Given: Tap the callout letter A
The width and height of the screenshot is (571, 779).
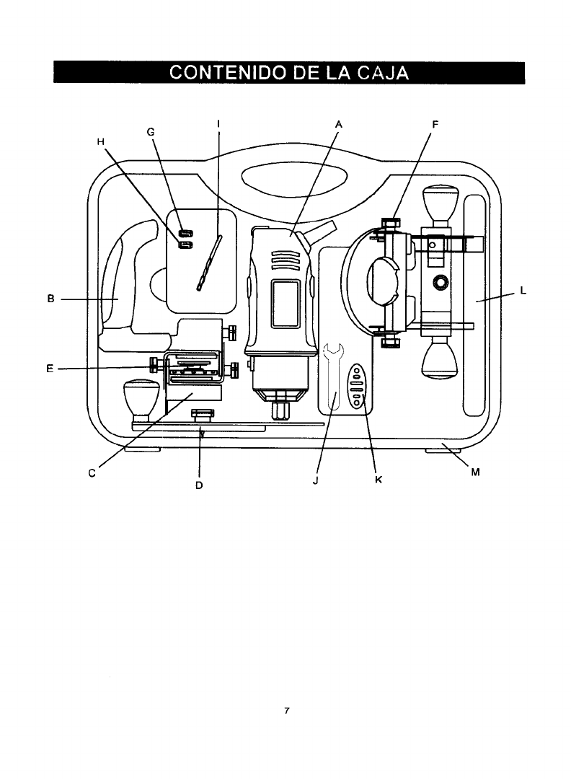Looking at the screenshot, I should [337, 124].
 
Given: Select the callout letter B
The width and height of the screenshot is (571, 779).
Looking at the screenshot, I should [51, 297].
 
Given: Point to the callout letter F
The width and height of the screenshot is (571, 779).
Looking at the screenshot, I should [435, 124].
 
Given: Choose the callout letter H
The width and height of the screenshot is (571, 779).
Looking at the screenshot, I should [101, 142].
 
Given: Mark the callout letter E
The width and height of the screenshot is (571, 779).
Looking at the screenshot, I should [50, 369].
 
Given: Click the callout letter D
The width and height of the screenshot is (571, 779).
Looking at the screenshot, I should [199, 485].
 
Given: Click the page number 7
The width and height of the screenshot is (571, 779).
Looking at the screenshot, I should [286, 711].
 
